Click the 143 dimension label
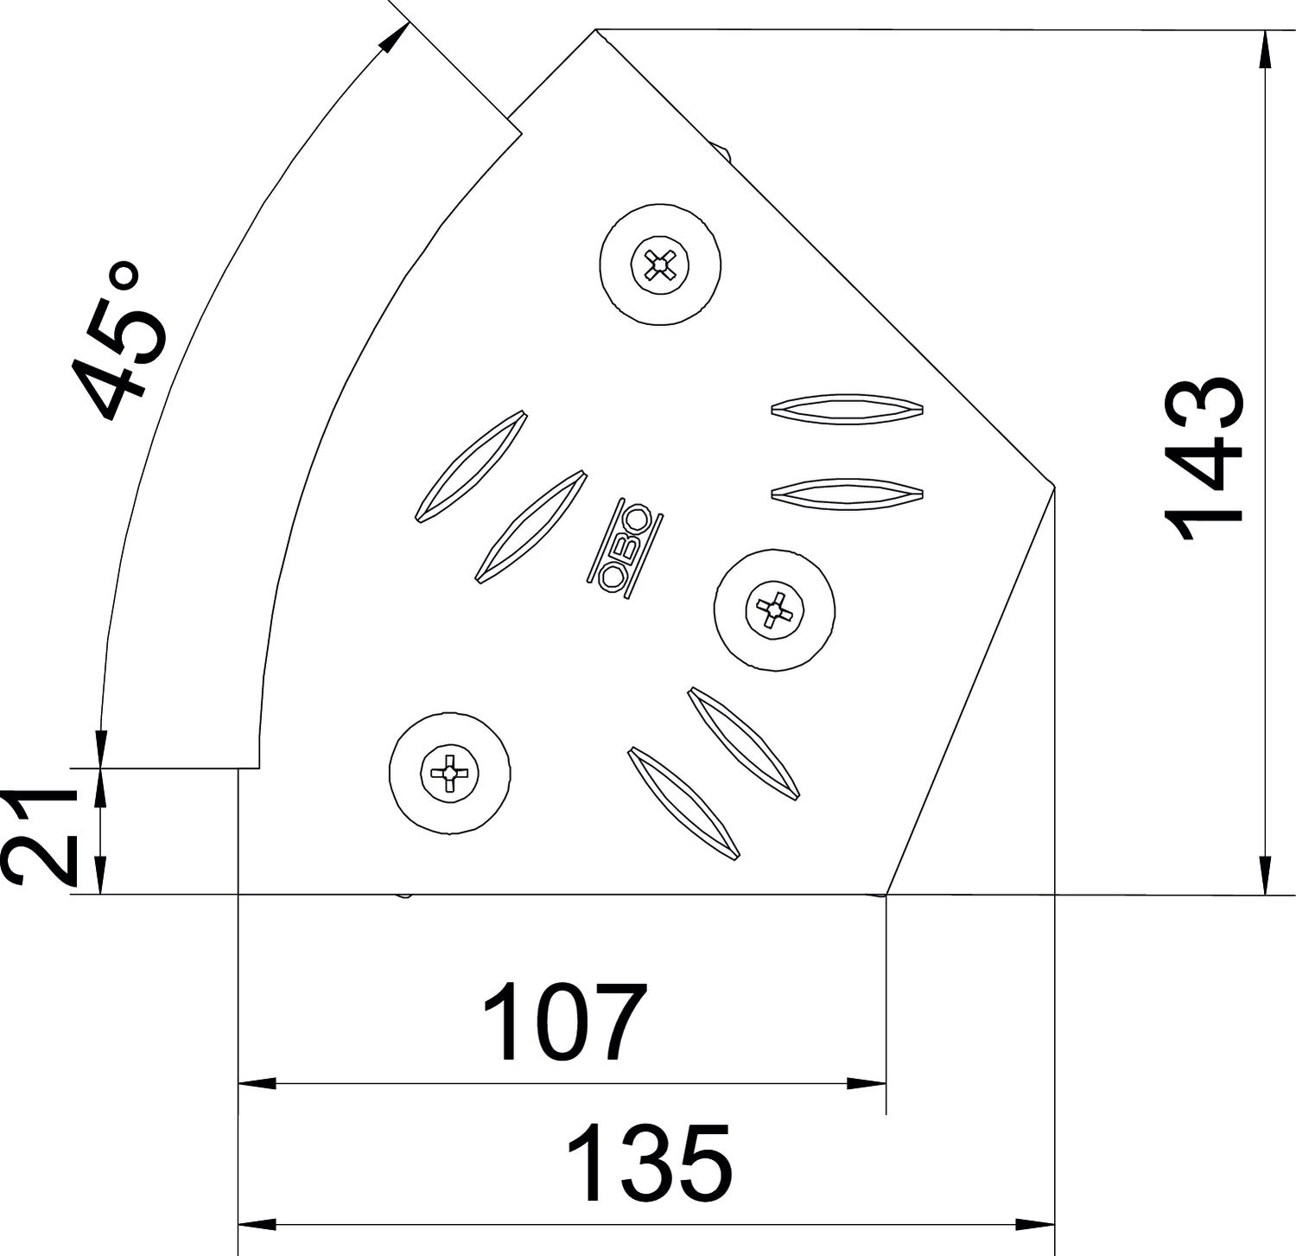point(1204,458)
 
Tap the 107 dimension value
point(565,1022)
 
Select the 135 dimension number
point(649,1163)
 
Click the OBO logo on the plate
point(625,548)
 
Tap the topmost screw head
point(661,265)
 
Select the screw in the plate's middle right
point(775,609)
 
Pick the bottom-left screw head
point(449,773)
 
